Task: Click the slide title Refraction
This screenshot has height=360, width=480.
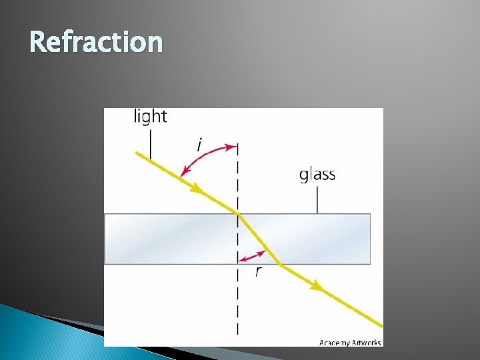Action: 96,42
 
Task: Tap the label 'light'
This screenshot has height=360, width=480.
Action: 151,116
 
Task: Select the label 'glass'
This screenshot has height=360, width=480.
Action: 317,175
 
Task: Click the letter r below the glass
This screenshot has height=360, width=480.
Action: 258,271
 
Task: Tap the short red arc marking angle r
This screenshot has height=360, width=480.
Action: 253,256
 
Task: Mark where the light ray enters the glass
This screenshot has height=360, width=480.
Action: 238,213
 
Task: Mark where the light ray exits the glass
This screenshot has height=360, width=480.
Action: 279,265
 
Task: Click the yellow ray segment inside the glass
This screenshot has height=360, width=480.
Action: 258,238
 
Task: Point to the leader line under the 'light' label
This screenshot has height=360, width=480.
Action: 151,144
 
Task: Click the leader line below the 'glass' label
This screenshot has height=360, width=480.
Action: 317,199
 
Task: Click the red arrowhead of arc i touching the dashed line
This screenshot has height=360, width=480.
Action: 233,146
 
